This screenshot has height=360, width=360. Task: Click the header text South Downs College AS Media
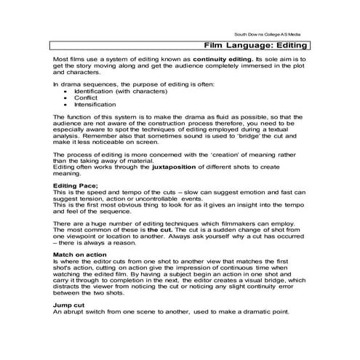pos(268,34)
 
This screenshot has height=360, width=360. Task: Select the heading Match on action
pos(82,255)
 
